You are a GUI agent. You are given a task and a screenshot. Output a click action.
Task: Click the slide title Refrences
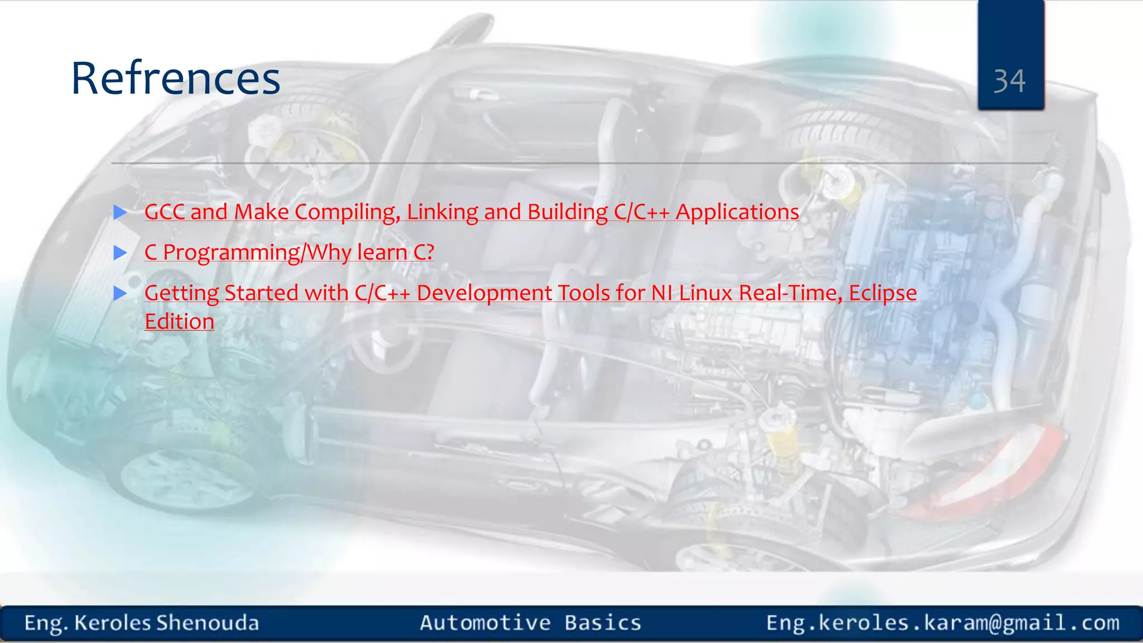pyautogui.click(x=175, y=78)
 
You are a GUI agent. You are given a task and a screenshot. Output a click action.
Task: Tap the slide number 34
pyautogui.click(x=1010, y=81)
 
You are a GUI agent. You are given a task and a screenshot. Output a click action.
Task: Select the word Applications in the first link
pyautogui.click(x=737, y=212)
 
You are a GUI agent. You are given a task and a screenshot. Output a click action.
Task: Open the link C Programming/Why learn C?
pyautogui.click(x=289, y=252)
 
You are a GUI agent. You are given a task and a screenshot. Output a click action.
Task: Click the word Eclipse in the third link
pyautogui.click(x=883, y=293)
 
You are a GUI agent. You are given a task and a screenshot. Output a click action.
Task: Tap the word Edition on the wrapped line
pyautogui.click(x=179, y=321)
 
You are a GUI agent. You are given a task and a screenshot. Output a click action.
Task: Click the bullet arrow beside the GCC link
pyautogui.click(x=120, y=212)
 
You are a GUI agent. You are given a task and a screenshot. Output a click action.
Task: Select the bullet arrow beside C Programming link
pyautogui.click(x=120, y=253)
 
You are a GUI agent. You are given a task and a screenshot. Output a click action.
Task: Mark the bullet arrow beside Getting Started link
pyautogui.click(x=120, y=293)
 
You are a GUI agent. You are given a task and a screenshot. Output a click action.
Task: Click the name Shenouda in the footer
pyautogui.click(x=208, y=623)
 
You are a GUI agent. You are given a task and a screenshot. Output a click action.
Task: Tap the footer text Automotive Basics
pyautogui.click(x=530, y=623)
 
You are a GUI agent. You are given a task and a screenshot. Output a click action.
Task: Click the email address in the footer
pyautogui.click(x=943, y=623)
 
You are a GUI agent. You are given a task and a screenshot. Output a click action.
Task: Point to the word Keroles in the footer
pyautogui.click(x=113, y=623)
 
